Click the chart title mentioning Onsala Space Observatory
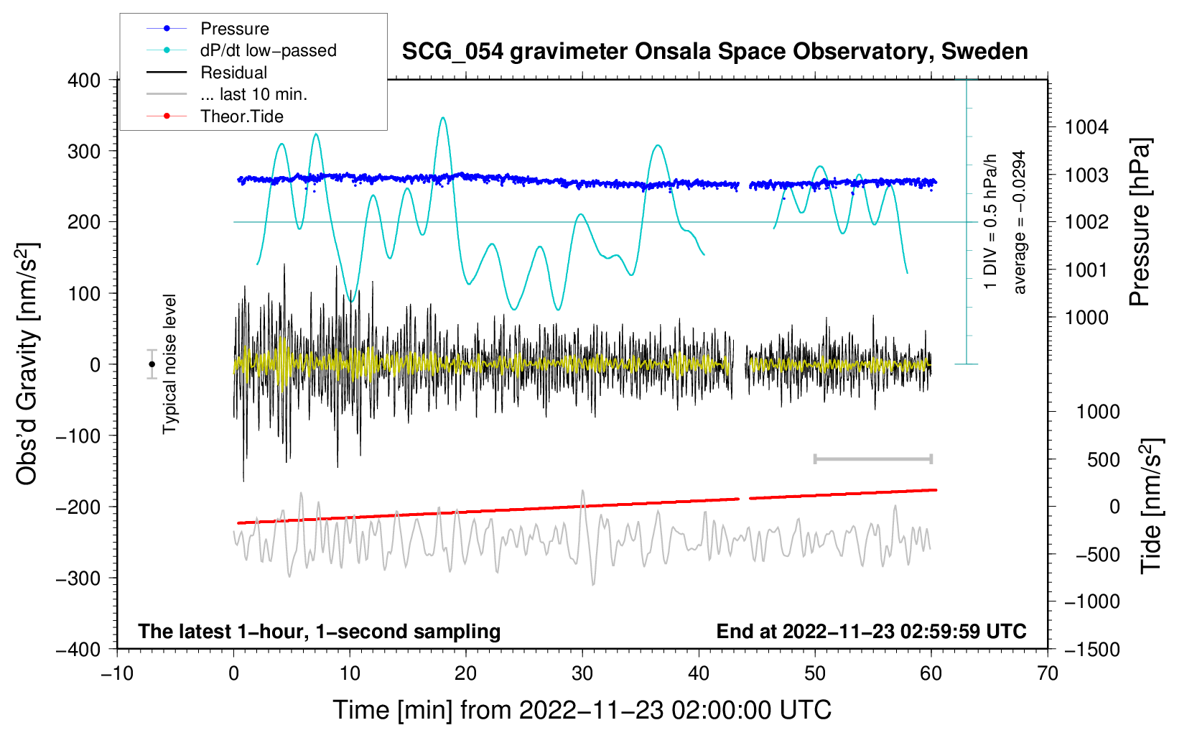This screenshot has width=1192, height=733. (714, 52)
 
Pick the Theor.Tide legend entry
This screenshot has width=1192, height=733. (241, 116)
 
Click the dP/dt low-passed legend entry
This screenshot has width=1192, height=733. (268, 51)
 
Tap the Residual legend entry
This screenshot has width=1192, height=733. (233, 73)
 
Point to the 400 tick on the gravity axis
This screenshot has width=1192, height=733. (84, 80)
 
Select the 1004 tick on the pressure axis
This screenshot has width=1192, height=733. (1086, 128)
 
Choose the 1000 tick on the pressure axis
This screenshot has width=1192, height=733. (1086, 318)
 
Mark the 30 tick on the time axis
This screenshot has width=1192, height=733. (582, 674)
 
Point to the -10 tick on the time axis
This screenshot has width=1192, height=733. (117, 674)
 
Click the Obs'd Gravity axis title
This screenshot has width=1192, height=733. (27, 364)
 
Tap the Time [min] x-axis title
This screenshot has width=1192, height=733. (582, 710)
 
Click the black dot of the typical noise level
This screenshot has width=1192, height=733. (152, 364)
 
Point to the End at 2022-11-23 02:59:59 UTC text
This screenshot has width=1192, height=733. (871, 632)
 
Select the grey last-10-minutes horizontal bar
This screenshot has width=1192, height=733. (872, 459)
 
